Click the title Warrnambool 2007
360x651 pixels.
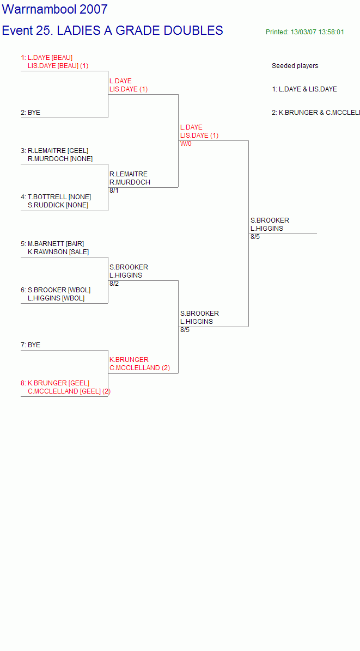[x=55, y=9]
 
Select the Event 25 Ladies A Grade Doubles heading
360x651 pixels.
[x=113, y=30]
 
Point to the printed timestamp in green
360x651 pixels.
[x=305, y=32]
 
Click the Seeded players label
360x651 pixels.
[x=295, y=66]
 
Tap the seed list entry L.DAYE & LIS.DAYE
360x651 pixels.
[x=304, y=89]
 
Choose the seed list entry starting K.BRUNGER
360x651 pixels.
[x=315, y=113]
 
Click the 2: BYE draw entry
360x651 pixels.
[x=30, y=113]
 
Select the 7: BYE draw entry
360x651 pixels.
[x=30, y=345]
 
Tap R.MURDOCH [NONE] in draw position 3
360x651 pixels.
[x=60, y=159]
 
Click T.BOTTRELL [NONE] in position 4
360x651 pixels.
[x=59, y=197]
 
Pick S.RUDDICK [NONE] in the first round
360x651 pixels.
[x=58, y=205]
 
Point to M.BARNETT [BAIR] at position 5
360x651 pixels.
[x=56, y=244]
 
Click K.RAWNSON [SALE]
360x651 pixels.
[x=58, y=252]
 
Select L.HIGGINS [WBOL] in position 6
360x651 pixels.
[x=56, y=298]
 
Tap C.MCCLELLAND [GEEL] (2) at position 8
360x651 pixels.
[x=69, y=391]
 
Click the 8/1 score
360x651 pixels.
[x=114, y=191]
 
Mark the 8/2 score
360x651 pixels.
[x=114, y=284]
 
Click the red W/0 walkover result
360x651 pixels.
[x=186, y=144]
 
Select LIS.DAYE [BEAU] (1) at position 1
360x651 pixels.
[x=58, y=66]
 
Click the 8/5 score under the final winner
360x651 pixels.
[x=255, y=237]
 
